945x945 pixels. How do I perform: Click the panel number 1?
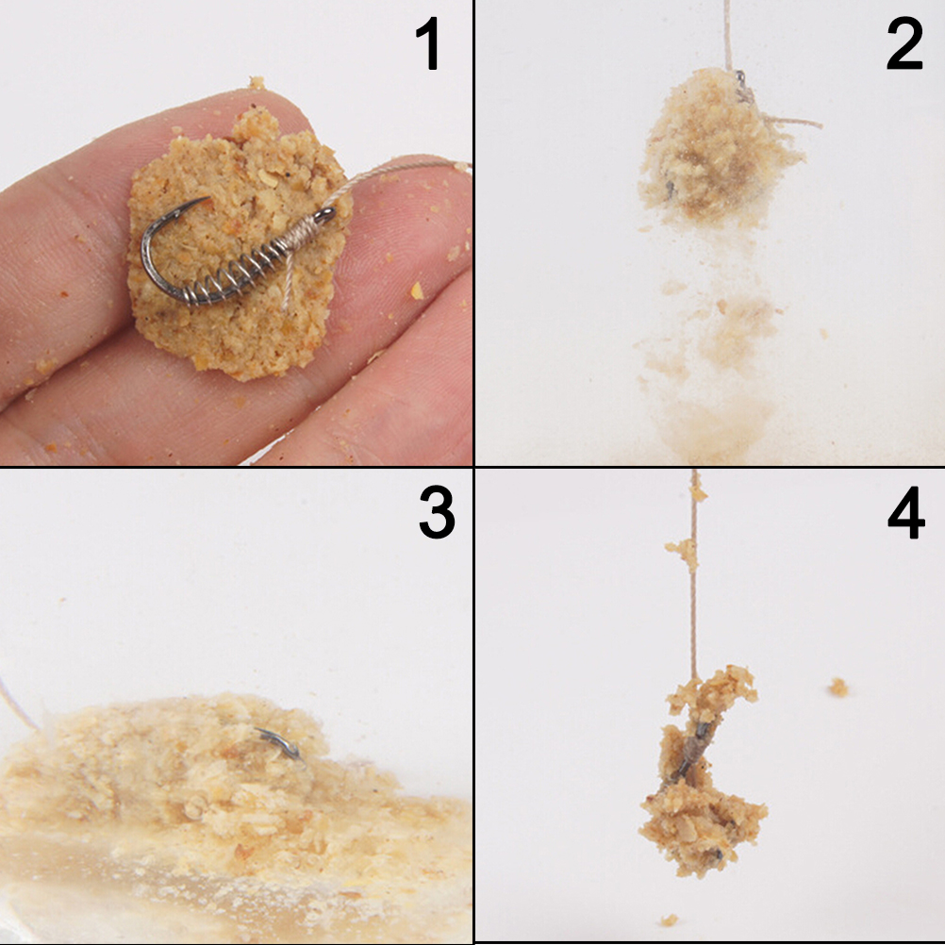[x=428, y=43]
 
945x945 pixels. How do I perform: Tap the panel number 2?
[x=904, y=43]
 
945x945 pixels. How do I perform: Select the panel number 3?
[x=437, y=512]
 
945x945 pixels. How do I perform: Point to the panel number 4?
[x=905, y=512]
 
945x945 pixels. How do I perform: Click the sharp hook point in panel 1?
[x=207, y=199]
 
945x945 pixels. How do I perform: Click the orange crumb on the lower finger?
[x=417, y=291]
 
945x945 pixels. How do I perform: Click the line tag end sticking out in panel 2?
[x=792, y=122]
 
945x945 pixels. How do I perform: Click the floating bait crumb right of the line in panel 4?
[x=837, y=687]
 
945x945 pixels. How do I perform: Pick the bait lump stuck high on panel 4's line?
[x=684, y=552]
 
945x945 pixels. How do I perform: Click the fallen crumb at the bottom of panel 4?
[x=669, y=920]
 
